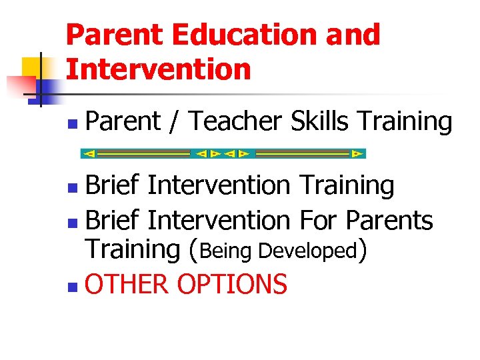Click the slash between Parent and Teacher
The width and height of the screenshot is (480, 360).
(x=175, y=122)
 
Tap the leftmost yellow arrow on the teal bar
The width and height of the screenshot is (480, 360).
(x=89, y=154)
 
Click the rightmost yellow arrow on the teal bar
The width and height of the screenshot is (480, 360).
(x=357, y=154)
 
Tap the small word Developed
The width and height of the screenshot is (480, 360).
(x=307, y=251)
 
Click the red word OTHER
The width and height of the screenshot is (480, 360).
(x=127, y=285)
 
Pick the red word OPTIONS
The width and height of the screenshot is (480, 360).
(x=233, y=285)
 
